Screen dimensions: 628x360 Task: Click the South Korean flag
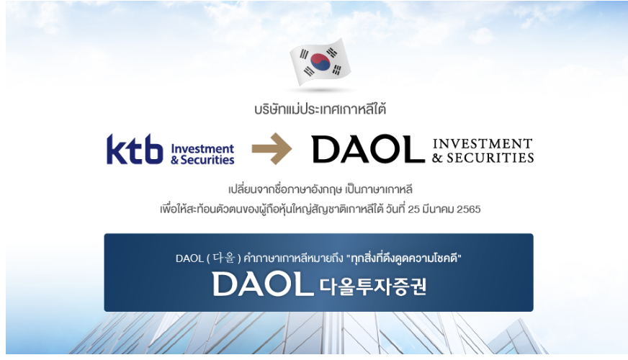click(320, 62)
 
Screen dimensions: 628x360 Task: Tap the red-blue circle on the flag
click(320, 62)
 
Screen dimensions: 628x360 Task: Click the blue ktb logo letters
click(135, 149)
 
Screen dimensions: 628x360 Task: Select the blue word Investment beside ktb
click(202, 148)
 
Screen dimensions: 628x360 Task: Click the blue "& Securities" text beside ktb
click(202, 160)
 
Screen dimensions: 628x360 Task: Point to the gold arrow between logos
click(272, 148)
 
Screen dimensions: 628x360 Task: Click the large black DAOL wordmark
click(368, 149)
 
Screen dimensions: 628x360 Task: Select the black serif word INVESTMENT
click(483, 143)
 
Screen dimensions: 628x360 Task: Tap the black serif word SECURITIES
click(490, 158)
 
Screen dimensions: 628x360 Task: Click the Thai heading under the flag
click(320, 109)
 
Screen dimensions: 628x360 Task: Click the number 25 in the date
click(413, 210)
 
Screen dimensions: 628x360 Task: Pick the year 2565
click(469, 210)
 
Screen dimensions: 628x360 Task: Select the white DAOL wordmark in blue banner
click(263, 284)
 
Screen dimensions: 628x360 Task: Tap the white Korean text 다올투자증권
click(373, 287)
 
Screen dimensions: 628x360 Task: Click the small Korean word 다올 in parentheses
click(223, 258)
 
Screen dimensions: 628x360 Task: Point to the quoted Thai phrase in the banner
click(404, 258)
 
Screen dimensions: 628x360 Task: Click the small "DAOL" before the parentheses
click(189, 258)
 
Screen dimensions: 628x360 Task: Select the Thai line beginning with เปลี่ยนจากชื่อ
click(320, 189)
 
